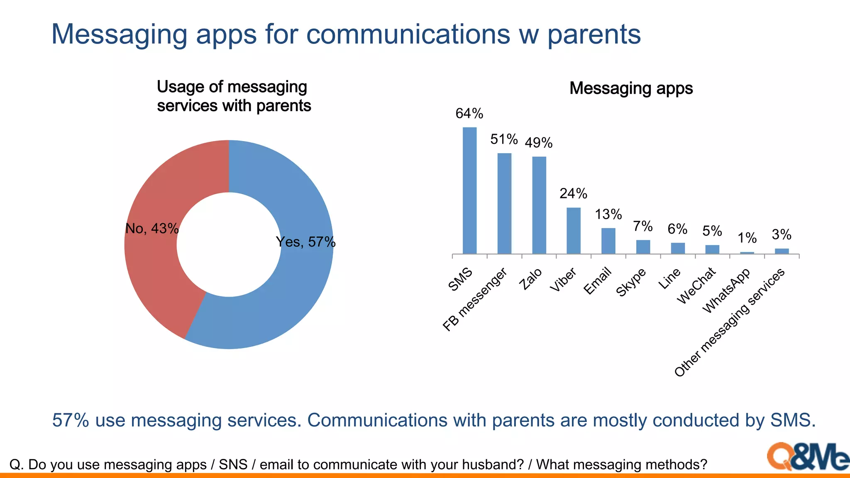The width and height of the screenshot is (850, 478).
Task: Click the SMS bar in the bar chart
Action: (469, 190)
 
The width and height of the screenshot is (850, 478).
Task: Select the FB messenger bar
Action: (504, 203)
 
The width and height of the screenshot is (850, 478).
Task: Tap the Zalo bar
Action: (539, 205)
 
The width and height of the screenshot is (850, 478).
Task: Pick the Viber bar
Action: (574, 231)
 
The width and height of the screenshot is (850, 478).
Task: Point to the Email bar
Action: (608, 241)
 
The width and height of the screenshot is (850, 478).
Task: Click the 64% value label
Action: (469, 113)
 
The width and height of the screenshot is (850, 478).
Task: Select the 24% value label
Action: (573, 193)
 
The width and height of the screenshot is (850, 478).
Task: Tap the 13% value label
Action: (608, 214)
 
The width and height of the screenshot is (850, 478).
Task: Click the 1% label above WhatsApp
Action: (747, 238)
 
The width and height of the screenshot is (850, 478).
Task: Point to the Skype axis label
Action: (631, 282)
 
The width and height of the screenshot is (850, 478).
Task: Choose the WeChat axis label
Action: (696, 285)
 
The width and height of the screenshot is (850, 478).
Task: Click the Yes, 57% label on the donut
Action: (305, 242)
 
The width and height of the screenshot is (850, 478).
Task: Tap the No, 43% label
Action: (152, 228)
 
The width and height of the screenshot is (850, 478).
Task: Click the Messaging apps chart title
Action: (631, 88)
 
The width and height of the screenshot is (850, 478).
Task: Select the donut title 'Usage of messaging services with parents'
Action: (234, 96)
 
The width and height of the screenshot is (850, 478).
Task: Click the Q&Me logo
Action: (807, 456)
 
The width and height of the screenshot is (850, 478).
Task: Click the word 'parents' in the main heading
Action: (594, 34)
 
